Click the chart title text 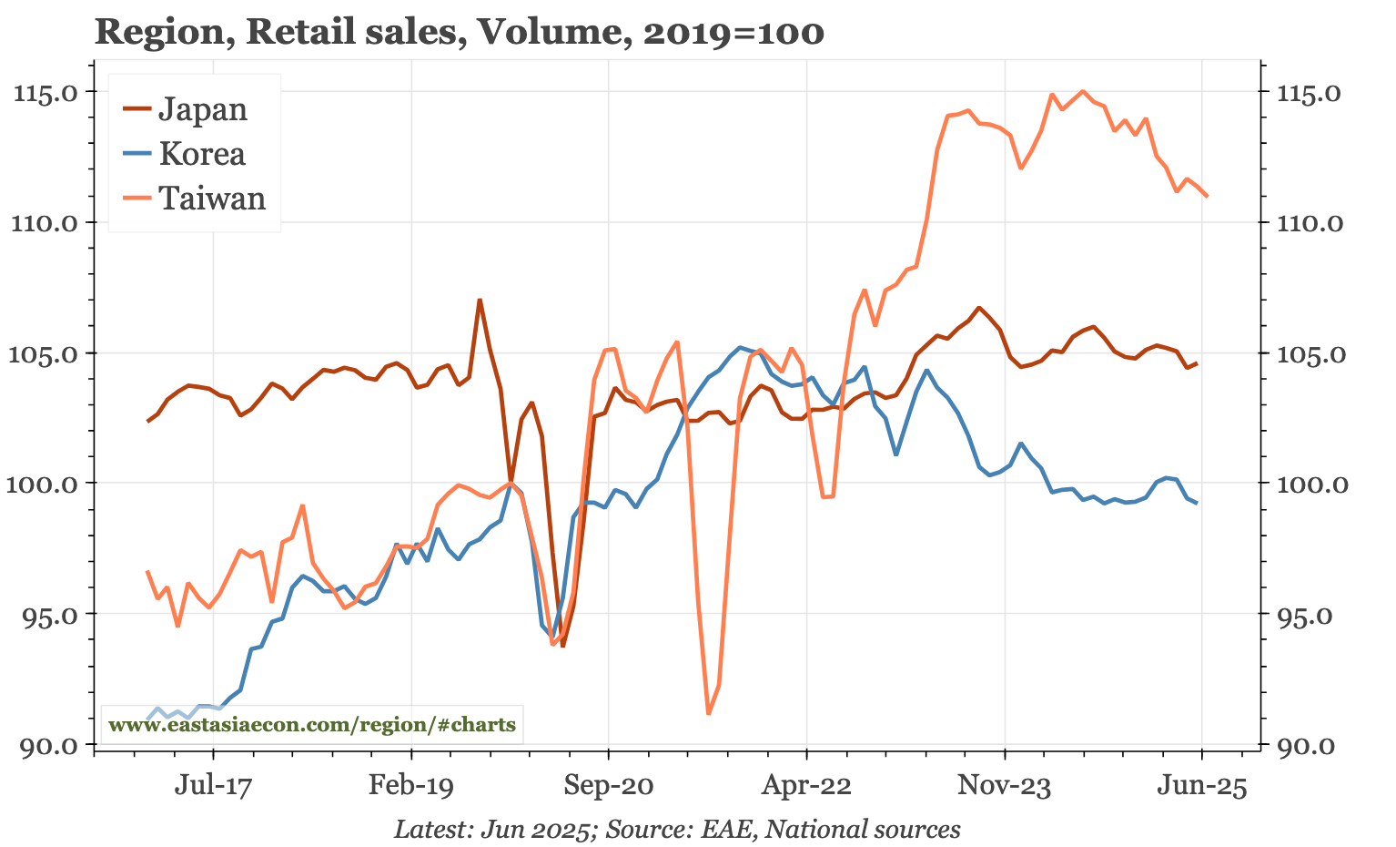point(460,33)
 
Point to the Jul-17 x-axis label point(213,785)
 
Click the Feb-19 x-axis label point(410,785)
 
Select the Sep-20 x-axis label point(608,785)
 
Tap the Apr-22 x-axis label point(806,785)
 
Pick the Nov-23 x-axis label point(1004,785)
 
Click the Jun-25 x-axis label point(1201,785)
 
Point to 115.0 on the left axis point(56,92)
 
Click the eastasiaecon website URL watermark point(311,725)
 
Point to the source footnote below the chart point(677,829)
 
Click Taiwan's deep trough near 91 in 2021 point(709,713)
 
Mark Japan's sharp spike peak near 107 point(480,300)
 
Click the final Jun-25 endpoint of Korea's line point(1197,503)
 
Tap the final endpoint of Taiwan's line point(1207,196)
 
